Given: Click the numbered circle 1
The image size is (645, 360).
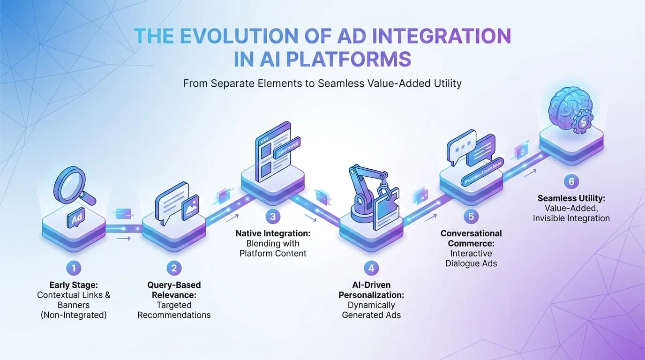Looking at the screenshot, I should pyautogui.click(x=74, y=268).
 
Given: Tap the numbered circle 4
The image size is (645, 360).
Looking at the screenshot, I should pyautogui.click(x=371, y=268).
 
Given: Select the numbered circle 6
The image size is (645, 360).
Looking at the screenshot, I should pyautogui.click(x=570, y=182).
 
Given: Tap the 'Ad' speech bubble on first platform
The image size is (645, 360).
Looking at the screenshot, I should pyautogui.click(x=75, y=218).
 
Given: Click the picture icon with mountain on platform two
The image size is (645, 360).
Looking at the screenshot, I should pyautogui.click(x=189, y=206).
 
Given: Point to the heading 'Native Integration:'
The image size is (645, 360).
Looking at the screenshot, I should pyautogui.click(x=273, y=233).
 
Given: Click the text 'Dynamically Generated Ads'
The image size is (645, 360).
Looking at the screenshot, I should pyautogui.click(x=371, y=310).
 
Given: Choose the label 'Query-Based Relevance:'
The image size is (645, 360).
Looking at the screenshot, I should pyautogui.click(x=174, y=290).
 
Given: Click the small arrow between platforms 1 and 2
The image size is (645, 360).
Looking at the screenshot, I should pyautogui.click(x=124, y=239).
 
